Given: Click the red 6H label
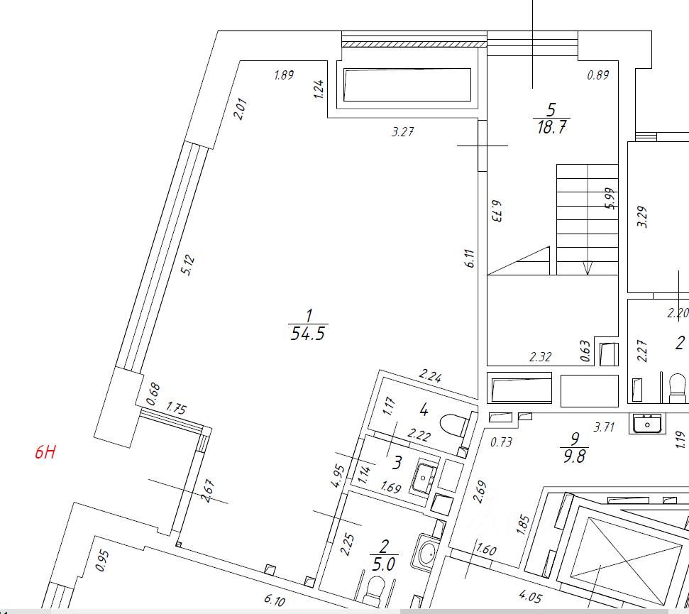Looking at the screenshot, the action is point(45,451).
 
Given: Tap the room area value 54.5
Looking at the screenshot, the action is point(309,334).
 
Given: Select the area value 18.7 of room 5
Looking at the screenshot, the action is point(553,128).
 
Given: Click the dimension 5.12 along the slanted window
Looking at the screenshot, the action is point(187,265).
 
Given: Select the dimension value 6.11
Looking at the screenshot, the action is point(469,258).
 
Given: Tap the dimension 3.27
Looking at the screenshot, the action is point(402,131).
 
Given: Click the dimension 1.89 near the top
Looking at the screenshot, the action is point(284,75).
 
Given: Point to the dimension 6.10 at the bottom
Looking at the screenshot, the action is point(275,601).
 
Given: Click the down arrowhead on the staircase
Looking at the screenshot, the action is point(587,268).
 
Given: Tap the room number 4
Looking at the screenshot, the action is point(424,409).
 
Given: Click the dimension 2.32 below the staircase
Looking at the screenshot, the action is point(540,357).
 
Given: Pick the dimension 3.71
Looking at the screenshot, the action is point(603,427).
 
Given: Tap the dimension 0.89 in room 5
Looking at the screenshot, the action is point(597,75).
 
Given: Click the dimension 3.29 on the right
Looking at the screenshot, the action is point(644,216).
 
